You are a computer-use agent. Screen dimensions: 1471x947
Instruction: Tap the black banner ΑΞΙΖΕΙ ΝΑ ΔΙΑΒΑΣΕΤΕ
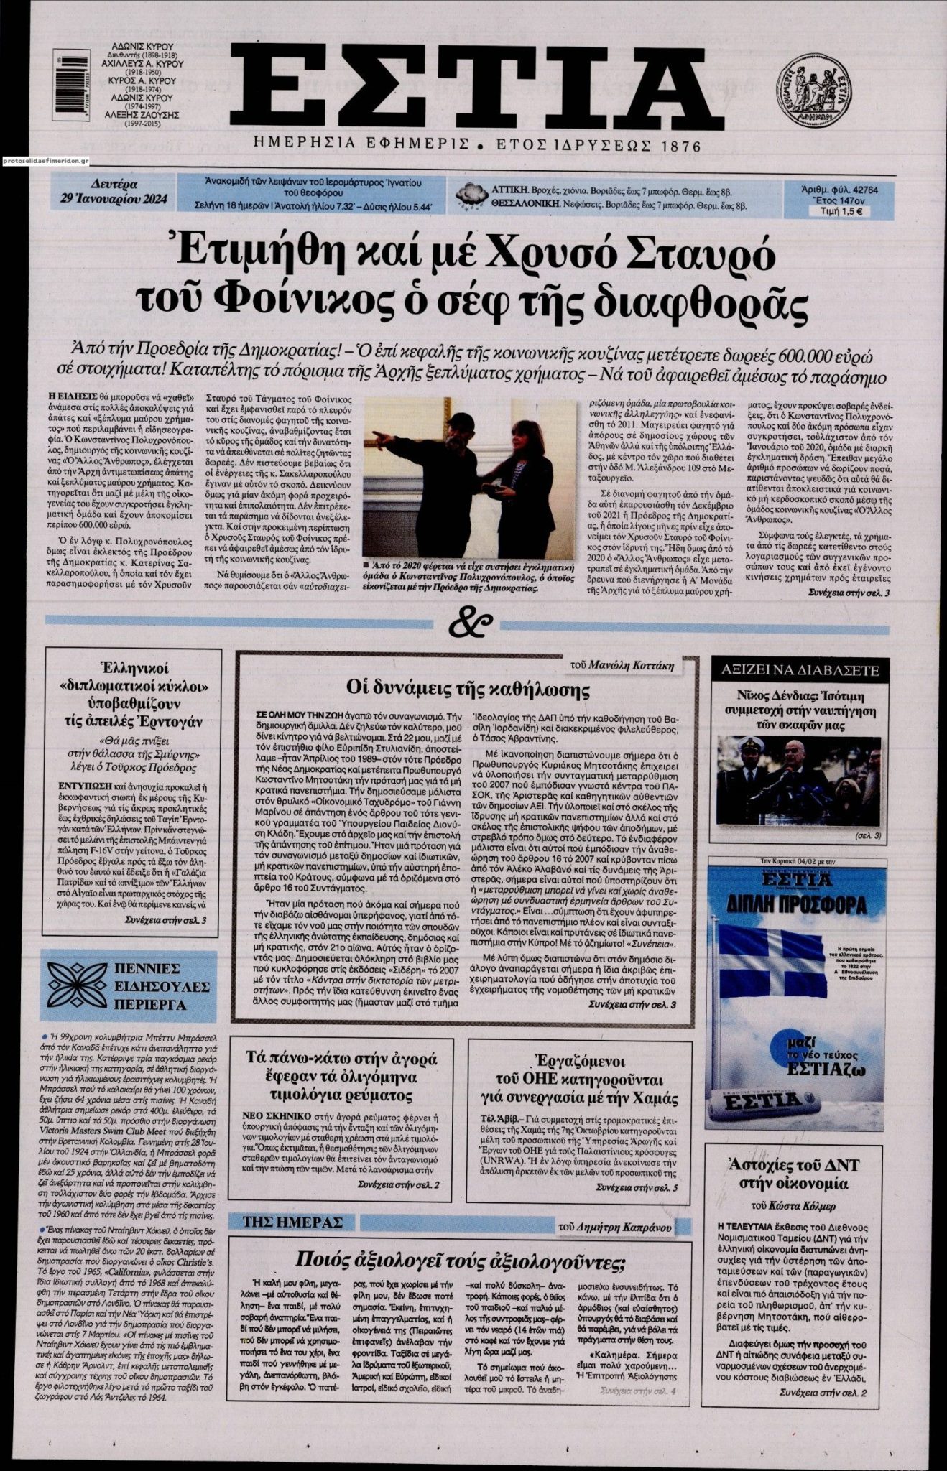798,672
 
